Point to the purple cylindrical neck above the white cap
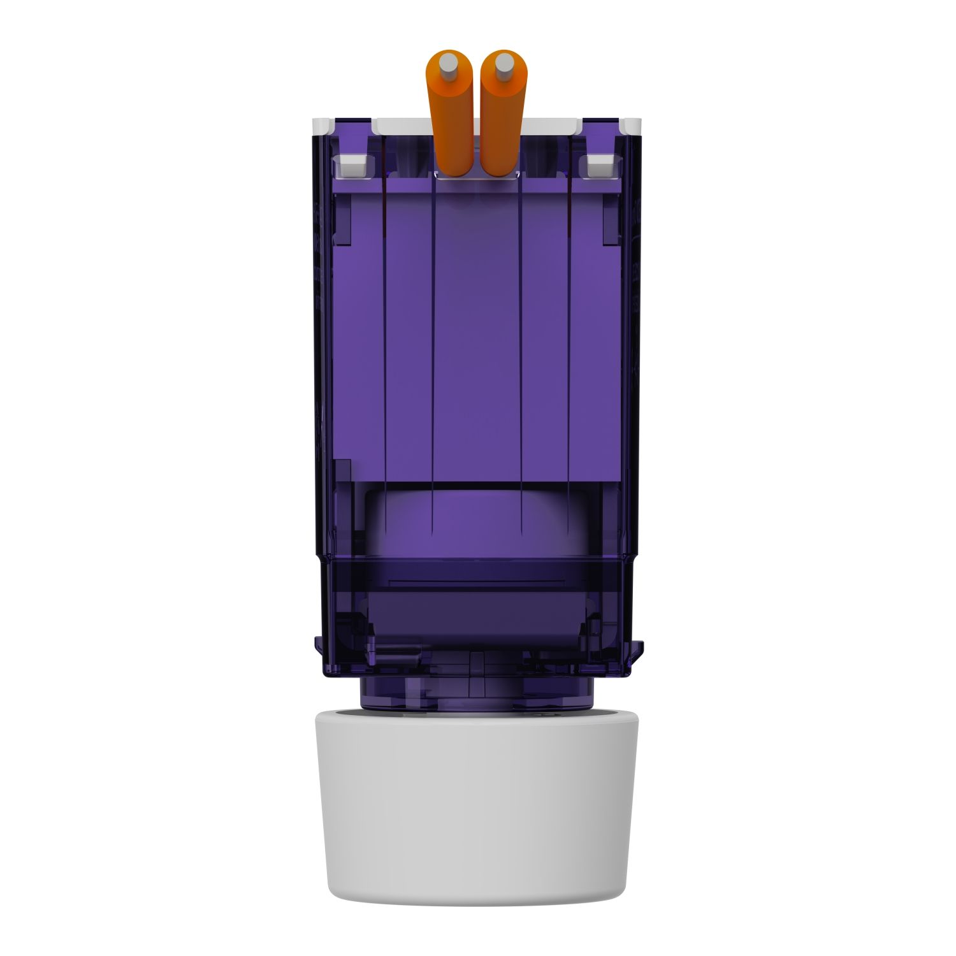coord(478,695)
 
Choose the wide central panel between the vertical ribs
coord(477,331)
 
